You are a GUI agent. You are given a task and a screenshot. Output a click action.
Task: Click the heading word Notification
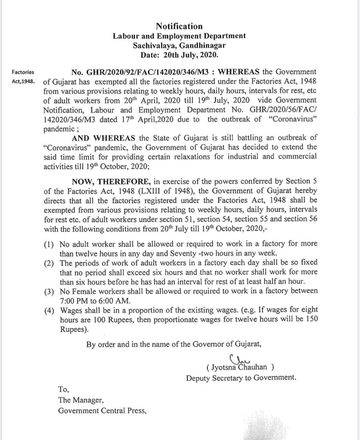(179, 26)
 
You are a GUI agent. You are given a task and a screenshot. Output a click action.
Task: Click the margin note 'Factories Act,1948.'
(23, 77)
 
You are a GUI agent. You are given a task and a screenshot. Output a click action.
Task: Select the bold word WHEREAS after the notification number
(239, 72)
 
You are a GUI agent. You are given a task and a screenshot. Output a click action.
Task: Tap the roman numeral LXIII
(150, 191)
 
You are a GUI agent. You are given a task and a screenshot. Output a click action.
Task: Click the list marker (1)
(49, 245)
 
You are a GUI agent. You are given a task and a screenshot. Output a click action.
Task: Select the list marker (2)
(49, 263)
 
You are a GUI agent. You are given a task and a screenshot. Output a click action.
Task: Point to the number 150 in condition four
(311, 319)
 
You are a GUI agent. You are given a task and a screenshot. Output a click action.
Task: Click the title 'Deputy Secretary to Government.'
(241, 378)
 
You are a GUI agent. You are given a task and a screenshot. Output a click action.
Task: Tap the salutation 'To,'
(64, 389)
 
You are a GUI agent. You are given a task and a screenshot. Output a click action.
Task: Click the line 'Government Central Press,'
(102, 411)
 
